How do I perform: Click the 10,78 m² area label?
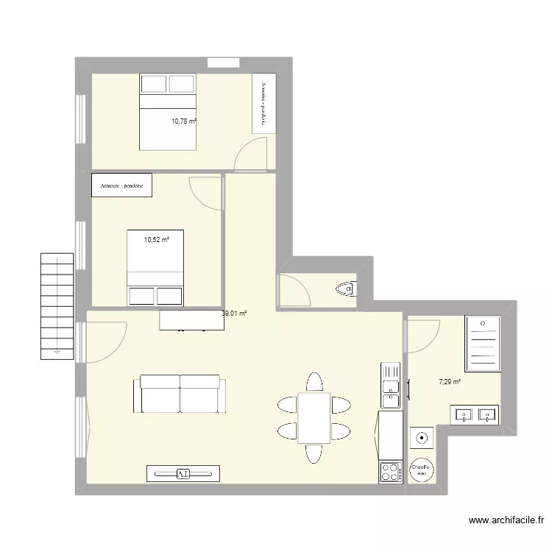(x=184, y=121)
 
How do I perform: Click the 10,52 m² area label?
(x=156, y=239)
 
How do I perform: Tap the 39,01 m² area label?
(x=234, y=314)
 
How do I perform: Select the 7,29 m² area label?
(x=450, y=381)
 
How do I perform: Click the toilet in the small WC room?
(x=345, y=289)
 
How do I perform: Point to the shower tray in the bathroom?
(x=484, y=343)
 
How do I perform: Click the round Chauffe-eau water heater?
(x=420, y=470)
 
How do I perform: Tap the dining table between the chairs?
(x=314, y=417)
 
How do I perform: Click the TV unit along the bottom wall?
(x=183, y=473)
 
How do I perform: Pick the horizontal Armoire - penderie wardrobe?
(x=122, y=185)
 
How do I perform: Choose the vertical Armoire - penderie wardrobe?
(x=263, y=103)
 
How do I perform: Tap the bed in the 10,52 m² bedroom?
(x=155, y=267)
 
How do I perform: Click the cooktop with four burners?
(x=390, y=472)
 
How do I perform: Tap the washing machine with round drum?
(x=421, y=438)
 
